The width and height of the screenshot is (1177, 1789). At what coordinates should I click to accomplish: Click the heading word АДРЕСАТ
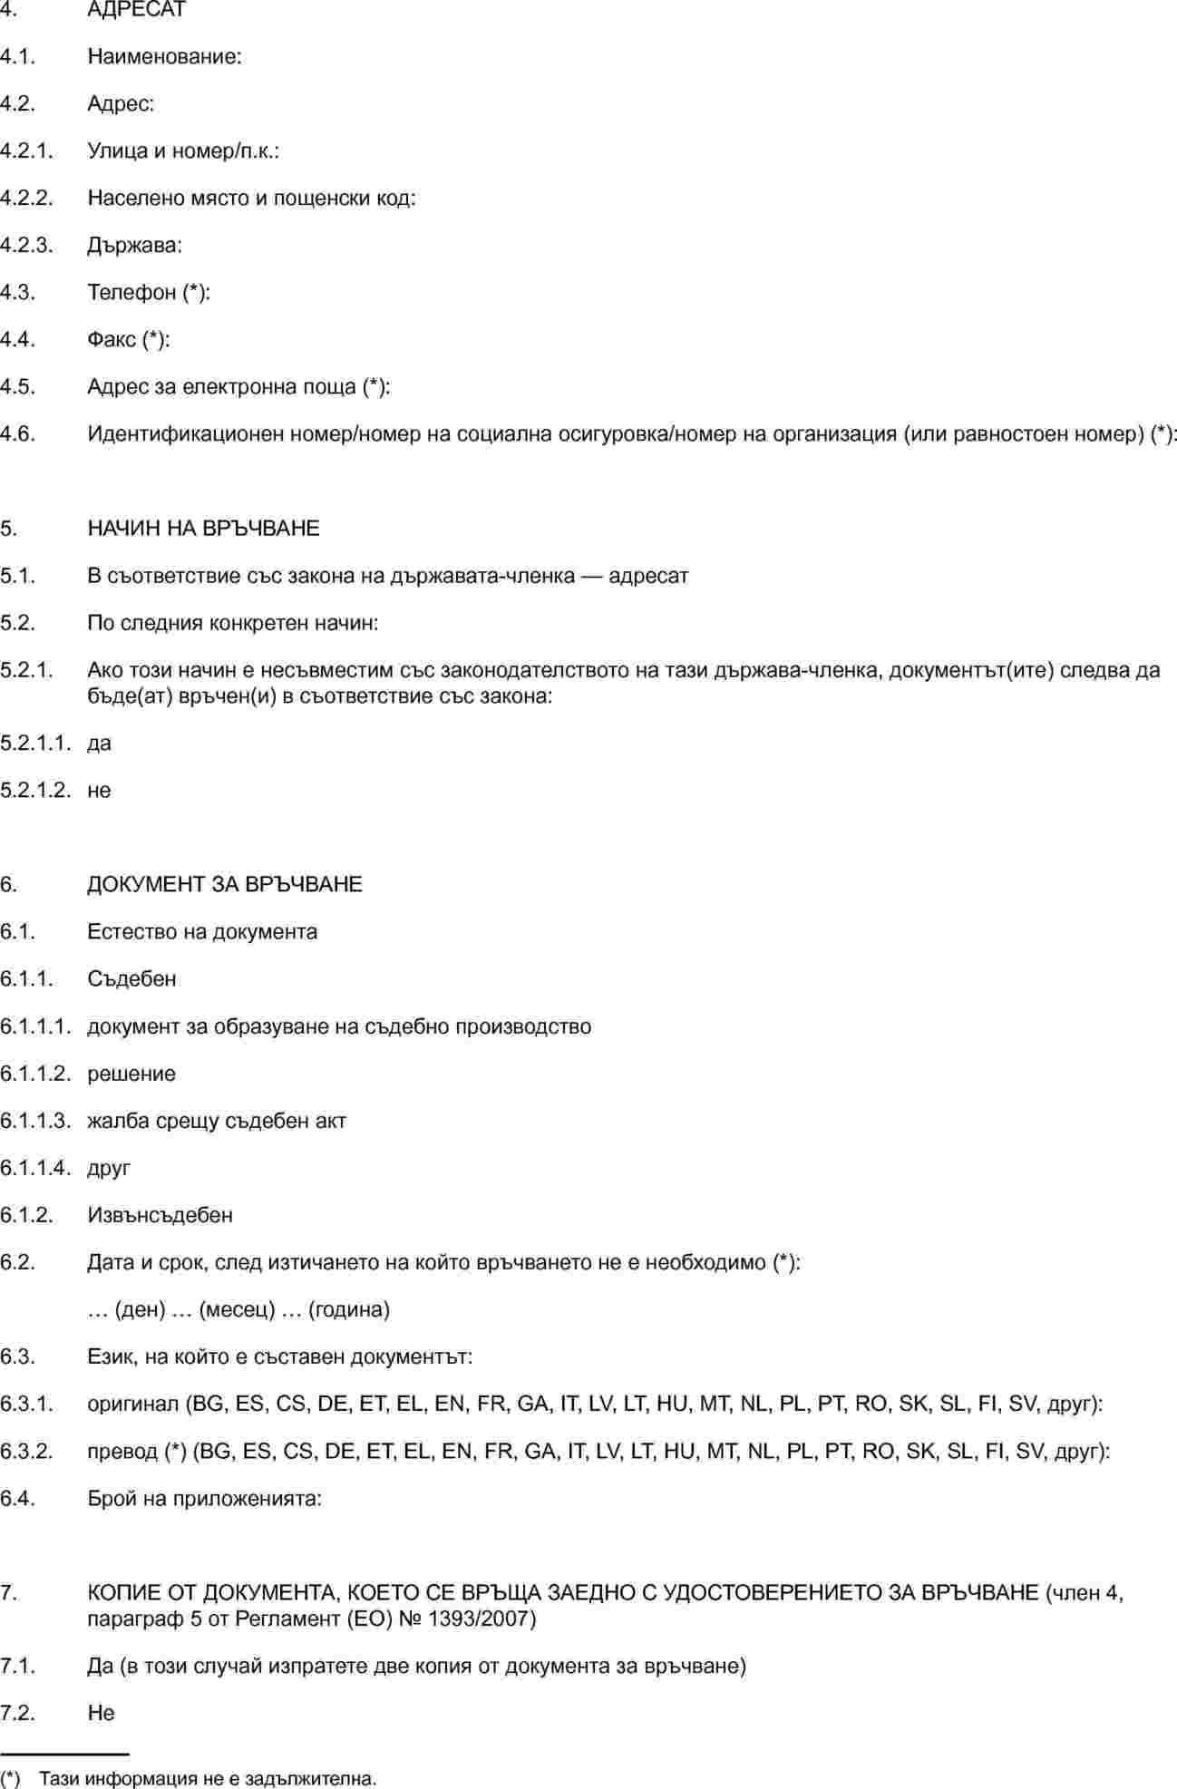coord(136,10)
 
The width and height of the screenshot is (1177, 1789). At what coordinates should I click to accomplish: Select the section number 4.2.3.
coord(26,245)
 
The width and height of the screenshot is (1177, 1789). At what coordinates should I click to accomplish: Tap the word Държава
coord(133,245)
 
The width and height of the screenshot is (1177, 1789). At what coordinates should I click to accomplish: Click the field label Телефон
coord(131,292)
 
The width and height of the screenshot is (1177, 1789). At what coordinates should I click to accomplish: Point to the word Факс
coord(112,339)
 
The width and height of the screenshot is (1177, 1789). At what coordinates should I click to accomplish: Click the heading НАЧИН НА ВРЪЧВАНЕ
coord(203,529)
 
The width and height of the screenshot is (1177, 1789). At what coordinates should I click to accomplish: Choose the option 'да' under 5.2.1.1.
coord(99,744)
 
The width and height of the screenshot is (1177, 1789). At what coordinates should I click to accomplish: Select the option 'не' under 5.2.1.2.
coord(99,791)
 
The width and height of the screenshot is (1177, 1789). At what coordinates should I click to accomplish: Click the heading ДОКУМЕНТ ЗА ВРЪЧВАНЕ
coord(224,885)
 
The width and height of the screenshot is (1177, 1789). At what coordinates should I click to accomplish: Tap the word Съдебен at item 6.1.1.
coord(131,979)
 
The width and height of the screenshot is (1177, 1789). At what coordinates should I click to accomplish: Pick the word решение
coord(131,1074)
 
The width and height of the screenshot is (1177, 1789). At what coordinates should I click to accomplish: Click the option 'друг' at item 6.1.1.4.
coord(109,1168)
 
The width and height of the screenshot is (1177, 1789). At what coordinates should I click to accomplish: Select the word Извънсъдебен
coord(160,1215)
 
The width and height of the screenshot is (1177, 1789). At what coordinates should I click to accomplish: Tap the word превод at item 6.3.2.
coord(123,1452)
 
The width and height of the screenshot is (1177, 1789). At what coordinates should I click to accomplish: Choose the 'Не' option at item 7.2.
coord(101,1713)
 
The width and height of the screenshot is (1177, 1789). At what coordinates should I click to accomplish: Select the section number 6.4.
coord(17,1499)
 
